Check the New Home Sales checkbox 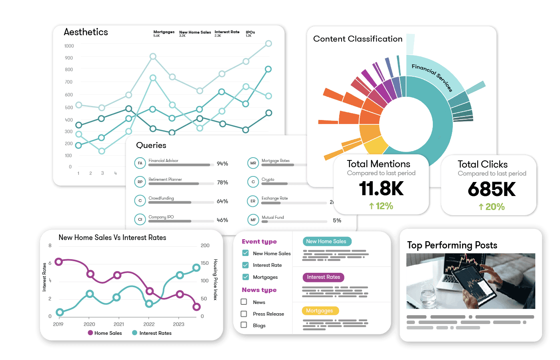(245, 253)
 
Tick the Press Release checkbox (244, 314)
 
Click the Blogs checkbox (244, 325)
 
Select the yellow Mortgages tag (320, 311)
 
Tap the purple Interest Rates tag (323, 277)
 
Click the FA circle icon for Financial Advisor (140, 163)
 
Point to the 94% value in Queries (222, 164)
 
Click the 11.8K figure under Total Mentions (381, 188)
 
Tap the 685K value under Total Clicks (492, 189)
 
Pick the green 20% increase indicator (492, 207)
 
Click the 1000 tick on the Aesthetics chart (69, 46)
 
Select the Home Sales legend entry (105, 333)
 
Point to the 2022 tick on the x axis (149, 324)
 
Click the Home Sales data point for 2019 (59, 262)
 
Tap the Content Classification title (358, 39)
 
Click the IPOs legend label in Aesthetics (250, 32)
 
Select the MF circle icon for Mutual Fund (253, 220)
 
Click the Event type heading (259, 242)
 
